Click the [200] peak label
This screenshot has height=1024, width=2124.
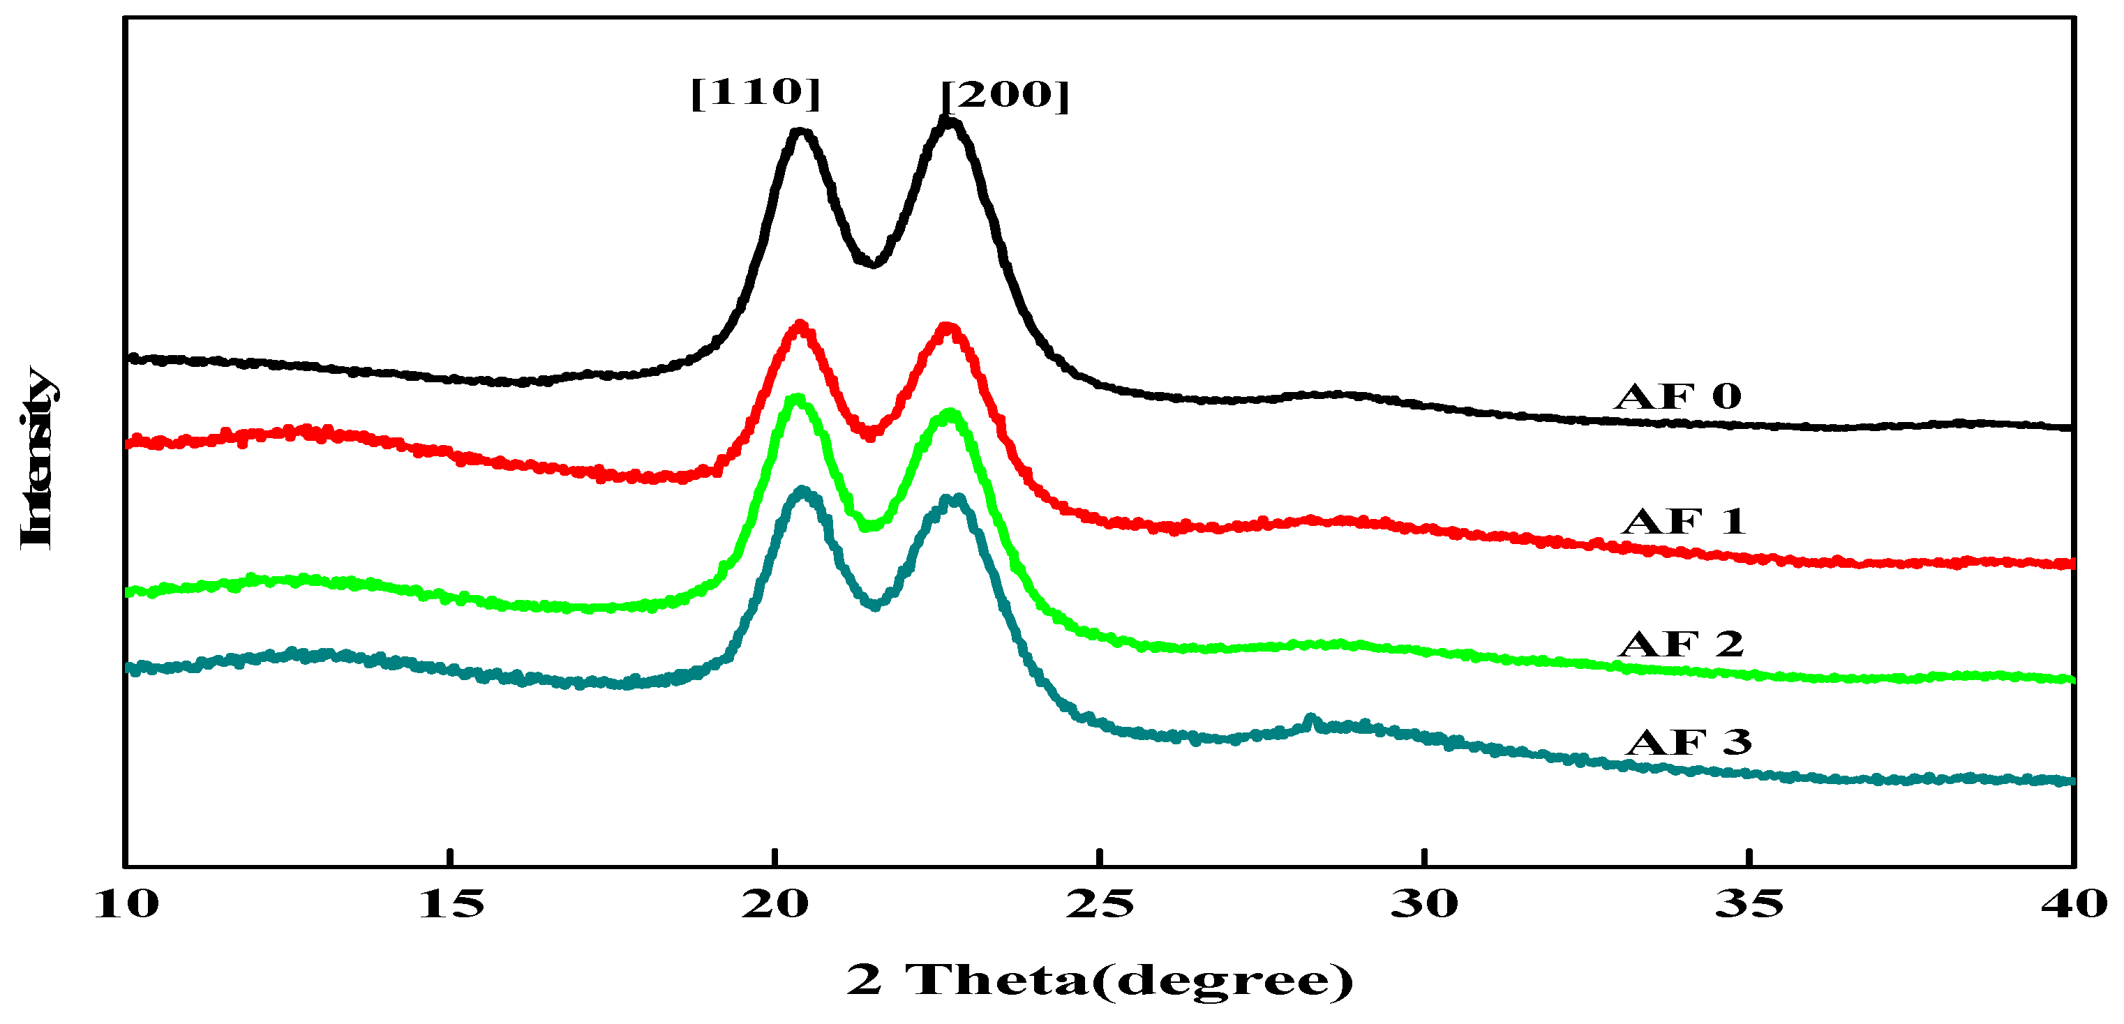tap(1005, 96)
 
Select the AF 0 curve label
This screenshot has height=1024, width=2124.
tap(1679, 397)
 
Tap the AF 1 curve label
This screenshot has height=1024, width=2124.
tap(1684, 521)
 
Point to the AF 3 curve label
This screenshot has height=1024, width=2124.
tap(1689, 742)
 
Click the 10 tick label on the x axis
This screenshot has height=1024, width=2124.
tap(126, 905)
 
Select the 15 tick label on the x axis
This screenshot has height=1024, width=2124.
tap(451, 905)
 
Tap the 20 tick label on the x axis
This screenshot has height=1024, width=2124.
tap(775, 905)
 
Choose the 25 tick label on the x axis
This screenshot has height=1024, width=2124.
tap(1100, 905)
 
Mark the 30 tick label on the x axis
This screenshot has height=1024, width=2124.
tap(1424, 905)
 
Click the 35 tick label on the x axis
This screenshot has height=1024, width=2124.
tap(1749, 905)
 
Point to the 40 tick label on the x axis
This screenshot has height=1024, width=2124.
tap(2074, 905)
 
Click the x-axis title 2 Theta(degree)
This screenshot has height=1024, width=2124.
tap(1100, 979)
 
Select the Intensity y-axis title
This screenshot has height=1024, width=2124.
tap(37, 458)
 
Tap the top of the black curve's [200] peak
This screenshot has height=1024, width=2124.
tap(949, 122)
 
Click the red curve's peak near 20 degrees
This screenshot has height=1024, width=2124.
tap(799, 326)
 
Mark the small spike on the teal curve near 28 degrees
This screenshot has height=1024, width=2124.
tap(1311, 719)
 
